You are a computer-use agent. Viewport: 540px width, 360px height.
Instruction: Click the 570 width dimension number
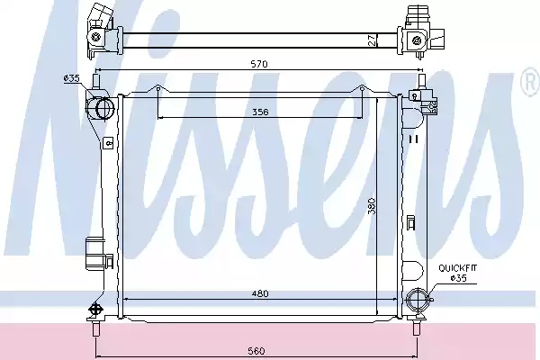point(259,64)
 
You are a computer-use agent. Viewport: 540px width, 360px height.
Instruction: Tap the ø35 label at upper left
point(72,79)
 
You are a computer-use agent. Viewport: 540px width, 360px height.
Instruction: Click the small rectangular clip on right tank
point(410,222)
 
